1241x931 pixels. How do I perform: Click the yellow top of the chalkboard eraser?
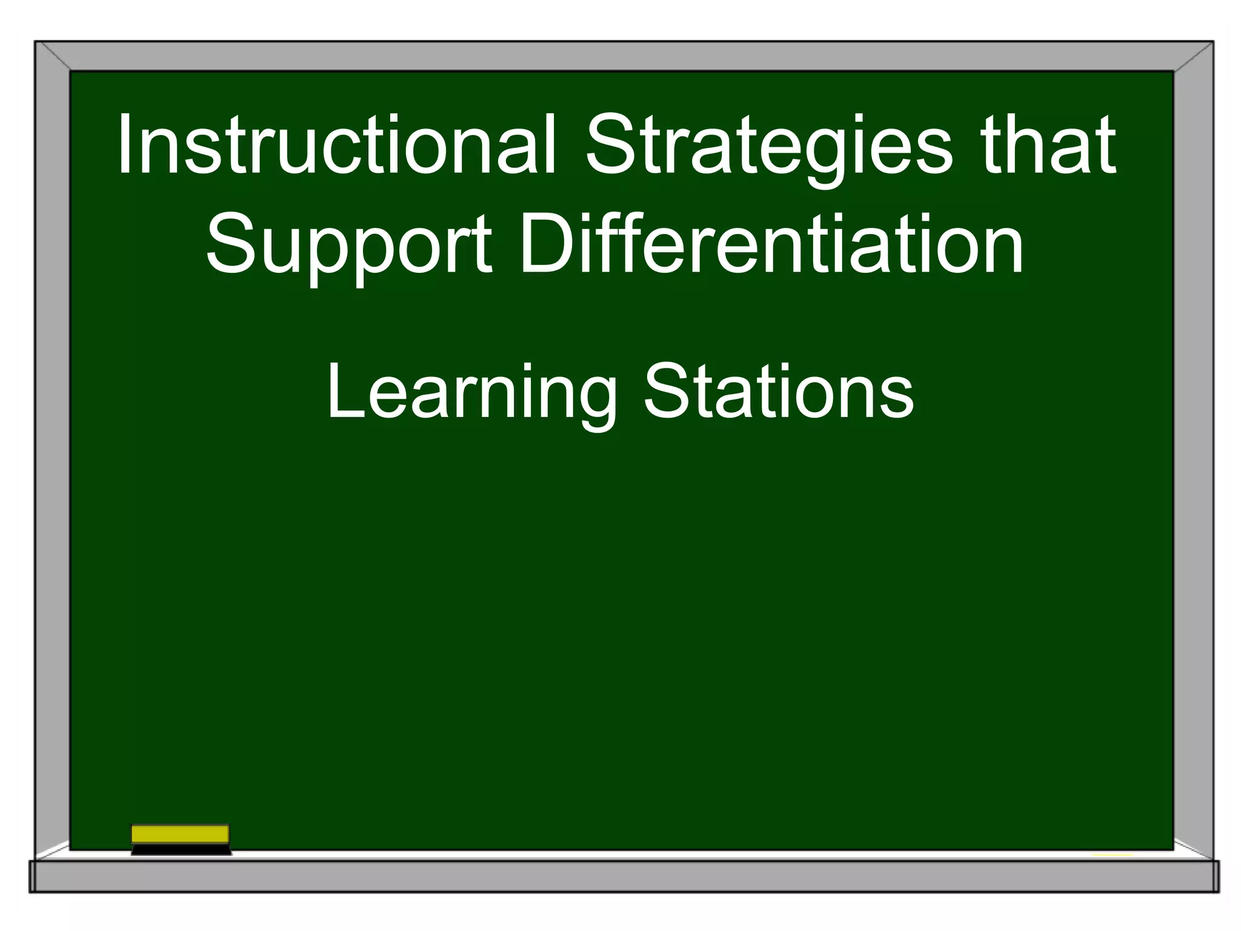tap(180, 834)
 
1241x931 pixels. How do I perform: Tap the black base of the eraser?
tap(181, 849)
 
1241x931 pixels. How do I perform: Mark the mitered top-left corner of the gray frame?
tap(52, 56)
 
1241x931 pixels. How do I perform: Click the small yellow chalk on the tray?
tap(1113, 855)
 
